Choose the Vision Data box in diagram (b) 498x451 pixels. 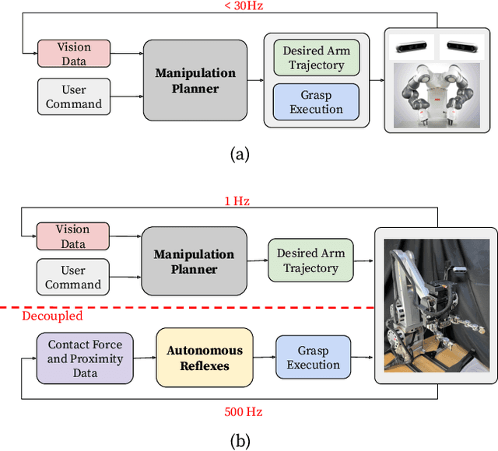click(x=72, y=236)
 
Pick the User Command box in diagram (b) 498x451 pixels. click(x=72, y=278)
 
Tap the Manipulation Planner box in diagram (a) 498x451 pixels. click(x=195, y=80)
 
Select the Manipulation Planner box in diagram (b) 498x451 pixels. click(x=195, y=261)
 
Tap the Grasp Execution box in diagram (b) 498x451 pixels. click(x=314, y=358)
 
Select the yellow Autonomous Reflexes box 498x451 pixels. click(x=205, y=358)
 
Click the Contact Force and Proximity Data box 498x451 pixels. click(x=85, y=358)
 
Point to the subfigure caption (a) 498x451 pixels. click(x=240, y=154)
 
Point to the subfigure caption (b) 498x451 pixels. click(x=240, y=441)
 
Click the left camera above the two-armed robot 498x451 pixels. click(x=411, y=45)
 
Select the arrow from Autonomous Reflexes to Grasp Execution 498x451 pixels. click(x=265, y=358)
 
